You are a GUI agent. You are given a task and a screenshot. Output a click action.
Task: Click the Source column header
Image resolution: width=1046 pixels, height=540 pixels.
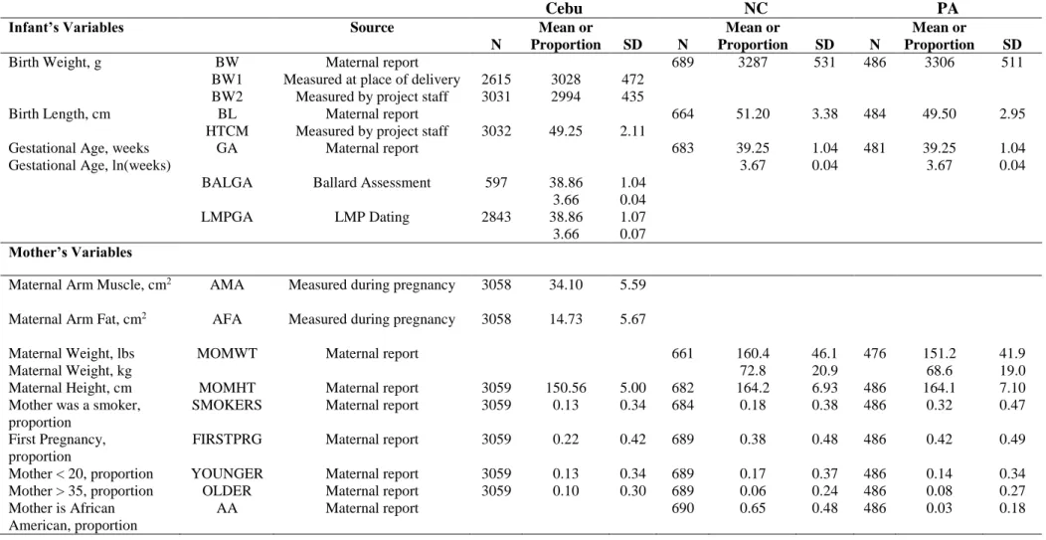(x=372, y=28)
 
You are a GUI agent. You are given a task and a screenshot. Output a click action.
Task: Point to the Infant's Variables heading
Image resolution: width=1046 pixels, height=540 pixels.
(x=66, y=28)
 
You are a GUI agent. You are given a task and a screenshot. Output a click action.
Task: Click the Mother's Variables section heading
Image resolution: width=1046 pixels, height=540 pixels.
(x=70, y=253)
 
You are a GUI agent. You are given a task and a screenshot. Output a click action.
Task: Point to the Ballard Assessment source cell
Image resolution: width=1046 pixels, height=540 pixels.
(x=372, y=183)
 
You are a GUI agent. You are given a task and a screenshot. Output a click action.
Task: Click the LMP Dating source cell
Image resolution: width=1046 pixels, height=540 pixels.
(x=372, y=218)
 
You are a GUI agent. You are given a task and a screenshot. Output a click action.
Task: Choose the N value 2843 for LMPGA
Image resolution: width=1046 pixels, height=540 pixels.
(x=495, y=218)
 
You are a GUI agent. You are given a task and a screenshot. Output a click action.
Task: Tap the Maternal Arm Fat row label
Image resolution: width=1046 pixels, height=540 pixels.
(x=78, y=319)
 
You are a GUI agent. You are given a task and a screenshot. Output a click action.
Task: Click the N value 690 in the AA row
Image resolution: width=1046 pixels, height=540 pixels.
(x=682, y=508)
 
